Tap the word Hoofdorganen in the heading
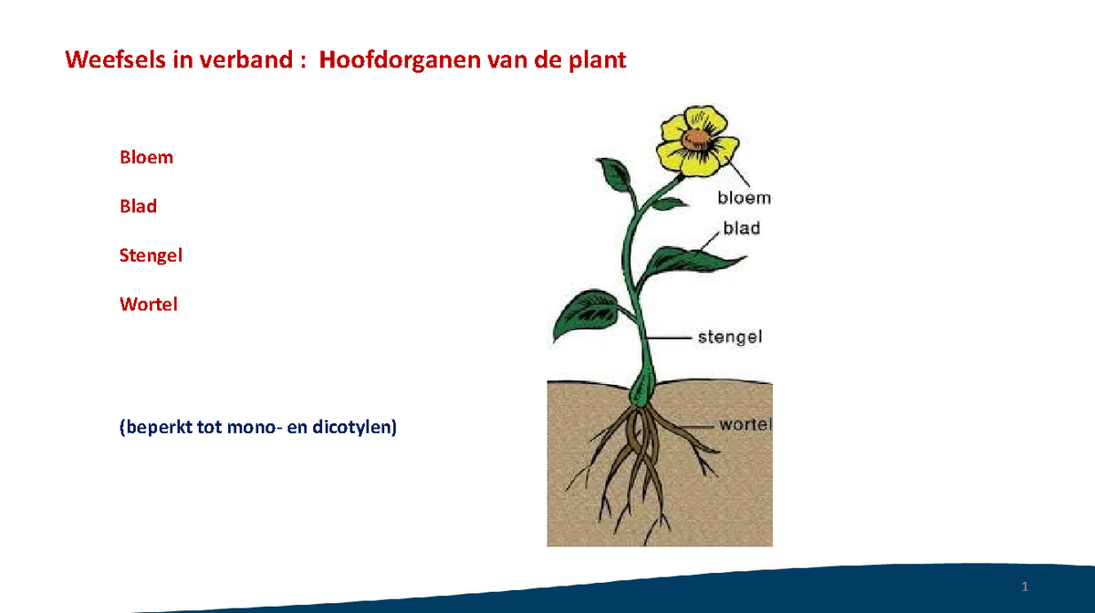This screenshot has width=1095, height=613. point(389,61)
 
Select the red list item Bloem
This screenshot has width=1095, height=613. point(146,157)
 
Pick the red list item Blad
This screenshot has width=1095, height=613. point(138,206)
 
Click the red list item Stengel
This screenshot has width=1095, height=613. point(151,255)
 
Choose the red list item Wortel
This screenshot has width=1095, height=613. point(148,304)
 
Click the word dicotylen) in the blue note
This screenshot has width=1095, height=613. point(355,426)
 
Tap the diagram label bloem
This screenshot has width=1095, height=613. point(744,198)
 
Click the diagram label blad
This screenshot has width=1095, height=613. point(742,228)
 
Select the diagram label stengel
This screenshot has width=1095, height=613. point(730,338)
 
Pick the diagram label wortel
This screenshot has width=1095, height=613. point(746,424)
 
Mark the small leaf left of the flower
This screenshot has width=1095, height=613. point(615,172)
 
